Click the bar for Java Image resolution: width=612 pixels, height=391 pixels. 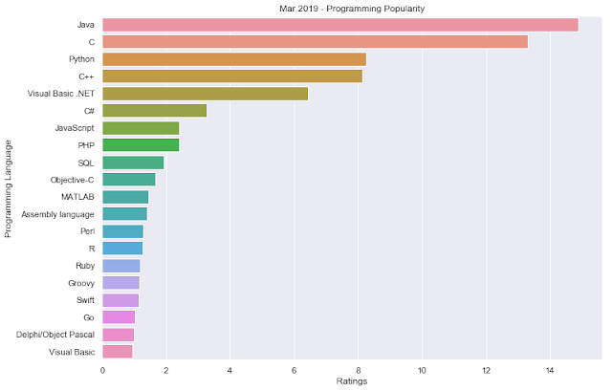(x=340, y=25)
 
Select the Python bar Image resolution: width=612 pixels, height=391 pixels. (x=234, y=59)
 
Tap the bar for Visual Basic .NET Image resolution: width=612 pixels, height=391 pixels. (x=206, y=94)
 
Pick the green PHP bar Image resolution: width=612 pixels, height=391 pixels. (x=141, y=145)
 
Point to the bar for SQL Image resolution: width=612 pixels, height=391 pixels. (x=133, y=163)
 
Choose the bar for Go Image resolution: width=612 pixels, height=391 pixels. (x=119, y=317)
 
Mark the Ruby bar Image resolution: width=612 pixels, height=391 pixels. (x=121, y=266)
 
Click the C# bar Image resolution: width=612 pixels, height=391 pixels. (x=155, y=111)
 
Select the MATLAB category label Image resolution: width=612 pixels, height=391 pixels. (x=77, y=197)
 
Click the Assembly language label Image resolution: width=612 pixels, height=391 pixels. (x=57, y=214)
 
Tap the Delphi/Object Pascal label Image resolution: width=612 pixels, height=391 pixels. (x=55, y=335)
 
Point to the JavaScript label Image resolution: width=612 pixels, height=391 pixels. (x=75, y=128)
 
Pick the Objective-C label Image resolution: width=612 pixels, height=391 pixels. (x=73, y=180)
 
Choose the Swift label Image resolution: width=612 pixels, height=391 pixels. (x=85, y=300)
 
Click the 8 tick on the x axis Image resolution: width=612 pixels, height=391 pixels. (x=358, y=370)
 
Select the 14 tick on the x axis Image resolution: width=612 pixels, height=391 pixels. (x=550, y=370)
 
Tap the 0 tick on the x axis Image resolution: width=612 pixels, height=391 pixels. (x=102, y=370)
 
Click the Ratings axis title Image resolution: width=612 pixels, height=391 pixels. (x=352, y=381)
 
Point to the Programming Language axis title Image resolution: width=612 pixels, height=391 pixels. (x=9, y=188)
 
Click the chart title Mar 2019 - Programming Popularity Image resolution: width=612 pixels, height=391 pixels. (x=352, y=9)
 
